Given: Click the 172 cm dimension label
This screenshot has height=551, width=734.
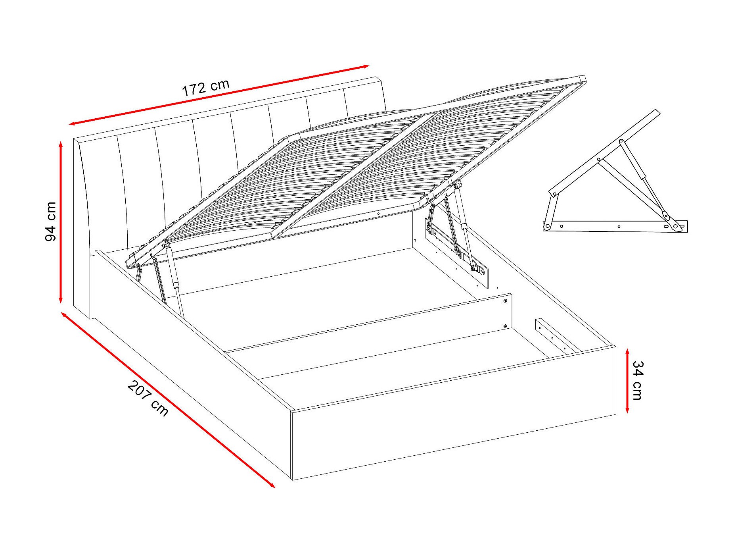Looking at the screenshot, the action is (205, 88).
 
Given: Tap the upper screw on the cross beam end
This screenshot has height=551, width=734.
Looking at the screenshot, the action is (505, 302).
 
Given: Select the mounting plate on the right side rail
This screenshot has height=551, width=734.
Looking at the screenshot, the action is (456, 254).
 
